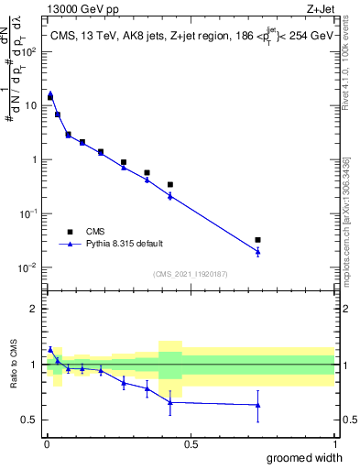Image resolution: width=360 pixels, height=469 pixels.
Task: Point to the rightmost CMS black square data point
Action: click(257, 240)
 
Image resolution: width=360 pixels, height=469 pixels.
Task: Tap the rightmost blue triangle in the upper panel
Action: click(257, 252)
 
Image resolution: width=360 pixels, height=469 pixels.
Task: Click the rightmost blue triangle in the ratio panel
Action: click(257, 405)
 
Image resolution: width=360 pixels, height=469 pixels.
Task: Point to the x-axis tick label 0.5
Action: click(190, 444)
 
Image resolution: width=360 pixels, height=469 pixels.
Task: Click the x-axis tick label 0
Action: click(46, 444)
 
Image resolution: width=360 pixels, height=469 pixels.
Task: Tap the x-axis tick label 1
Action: click(333, 444)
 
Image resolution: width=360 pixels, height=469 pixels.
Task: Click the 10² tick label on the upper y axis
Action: click(30, 51)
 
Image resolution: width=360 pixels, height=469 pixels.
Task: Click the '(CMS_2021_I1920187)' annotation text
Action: click(190, 273)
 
